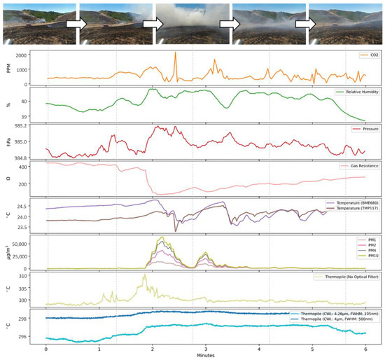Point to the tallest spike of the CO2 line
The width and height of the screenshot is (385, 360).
[x=176, y=53]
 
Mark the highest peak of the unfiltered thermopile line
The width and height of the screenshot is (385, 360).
[x=144, y=275]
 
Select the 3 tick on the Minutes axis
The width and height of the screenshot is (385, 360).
[x=206, y=348]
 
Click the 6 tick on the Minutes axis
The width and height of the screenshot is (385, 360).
[x=365, y=348]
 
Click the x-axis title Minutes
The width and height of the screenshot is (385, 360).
[x=206, y=356]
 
